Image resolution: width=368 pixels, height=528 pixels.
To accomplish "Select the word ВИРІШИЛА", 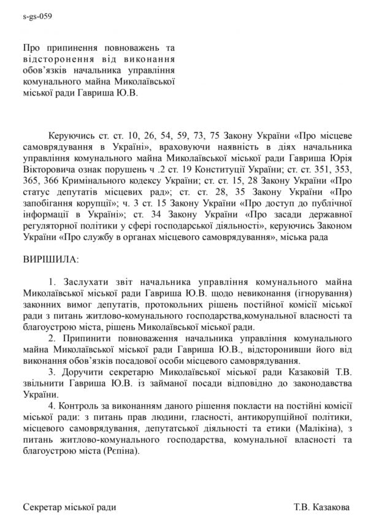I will pyautogui.click(x=50, y=260).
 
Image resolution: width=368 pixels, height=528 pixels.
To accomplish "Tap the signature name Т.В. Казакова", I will pyautogui.click(x=322, y=508).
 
